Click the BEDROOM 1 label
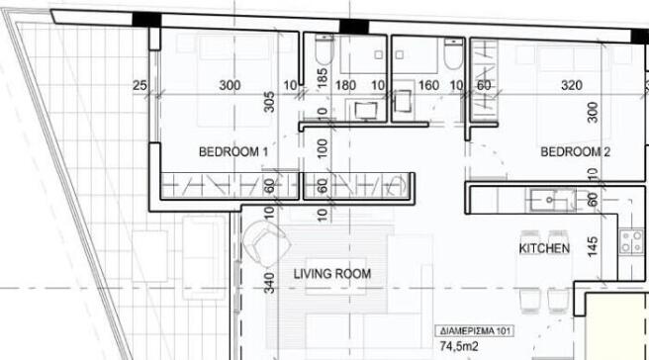tap(233, 152)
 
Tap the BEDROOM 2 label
tap(576, 152)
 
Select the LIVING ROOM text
tap(332, 274)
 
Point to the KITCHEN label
tap(544, 248)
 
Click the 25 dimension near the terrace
tap(139, 85)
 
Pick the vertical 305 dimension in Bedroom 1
tap(269, 102)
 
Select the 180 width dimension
tap(345, 85)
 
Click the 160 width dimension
tap(428, 85)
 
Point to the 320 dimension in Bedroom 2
tap(572, 85)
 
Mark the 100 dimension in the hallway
tap(322, 148)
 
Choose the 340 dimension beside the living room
tap(269, 283)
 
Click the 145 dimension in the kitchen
tap(593, 246)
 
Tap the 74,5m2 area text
tap(459, 346)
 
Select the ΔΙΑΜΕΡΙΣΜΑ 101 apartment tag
tap(475, 331)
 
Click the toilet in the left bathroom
tap(324, 49)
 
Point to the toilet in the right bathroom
tap(453, 53)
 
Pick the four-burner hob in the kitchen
tap(631, 242)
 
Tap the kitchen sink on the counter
tap(550, 200)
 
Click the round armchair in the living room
tap(265, 244)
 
